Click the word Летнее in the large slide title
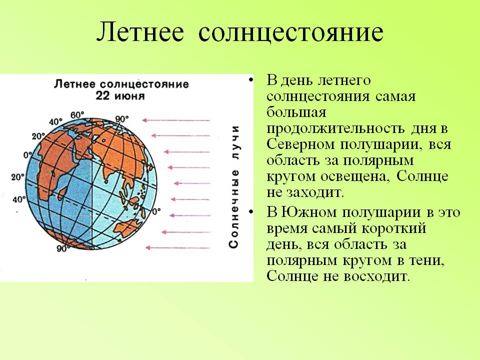pos(140,32)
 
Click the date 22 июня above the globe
pos(120,96)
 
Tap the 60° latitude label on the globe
pos(77,115)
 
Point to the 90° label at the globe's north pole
pos(122,119)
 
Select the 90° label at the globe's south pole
pos(62,248)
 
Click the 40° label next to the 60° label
pos(55,122)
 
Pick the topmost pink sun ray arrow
pos(176,120)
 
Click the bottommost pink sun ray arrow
pos(178,247)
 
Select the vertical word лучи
pos(234,142)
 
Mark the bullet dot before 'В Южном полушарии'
pos(251,212)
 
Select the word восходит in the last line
pos(376,276)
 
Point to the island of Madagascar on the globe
pos(63,193)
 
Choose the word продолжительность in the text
pos(335,128)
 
